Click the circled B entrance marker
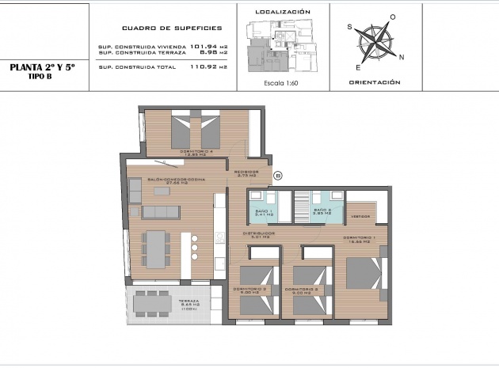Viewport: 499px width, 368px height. [x=277, y=176]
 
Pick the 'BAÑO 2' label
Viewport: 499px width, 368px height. [x=322, y=211]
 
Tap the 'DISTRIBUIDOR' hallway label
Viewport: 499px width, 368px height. [x=259, y=233]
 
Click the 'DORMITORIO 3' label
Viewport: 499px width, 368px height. [x=249, y=289]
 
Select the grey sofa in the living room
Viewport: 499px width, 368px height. [x=161, y=212]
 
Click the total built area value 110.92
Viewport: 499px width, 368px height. [x=204, y=67]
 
